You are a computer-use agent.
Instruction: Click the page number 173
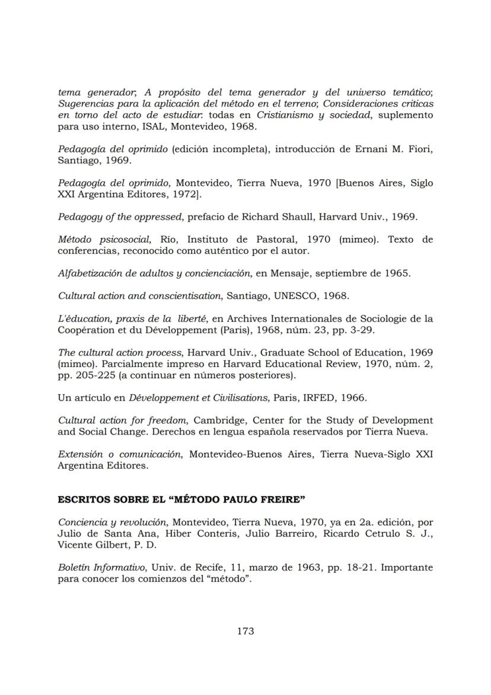pyautogui.click(x=245, y=631)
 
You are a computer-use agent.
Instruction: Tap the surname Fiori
pyautogui.click(x=420, y=148)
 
